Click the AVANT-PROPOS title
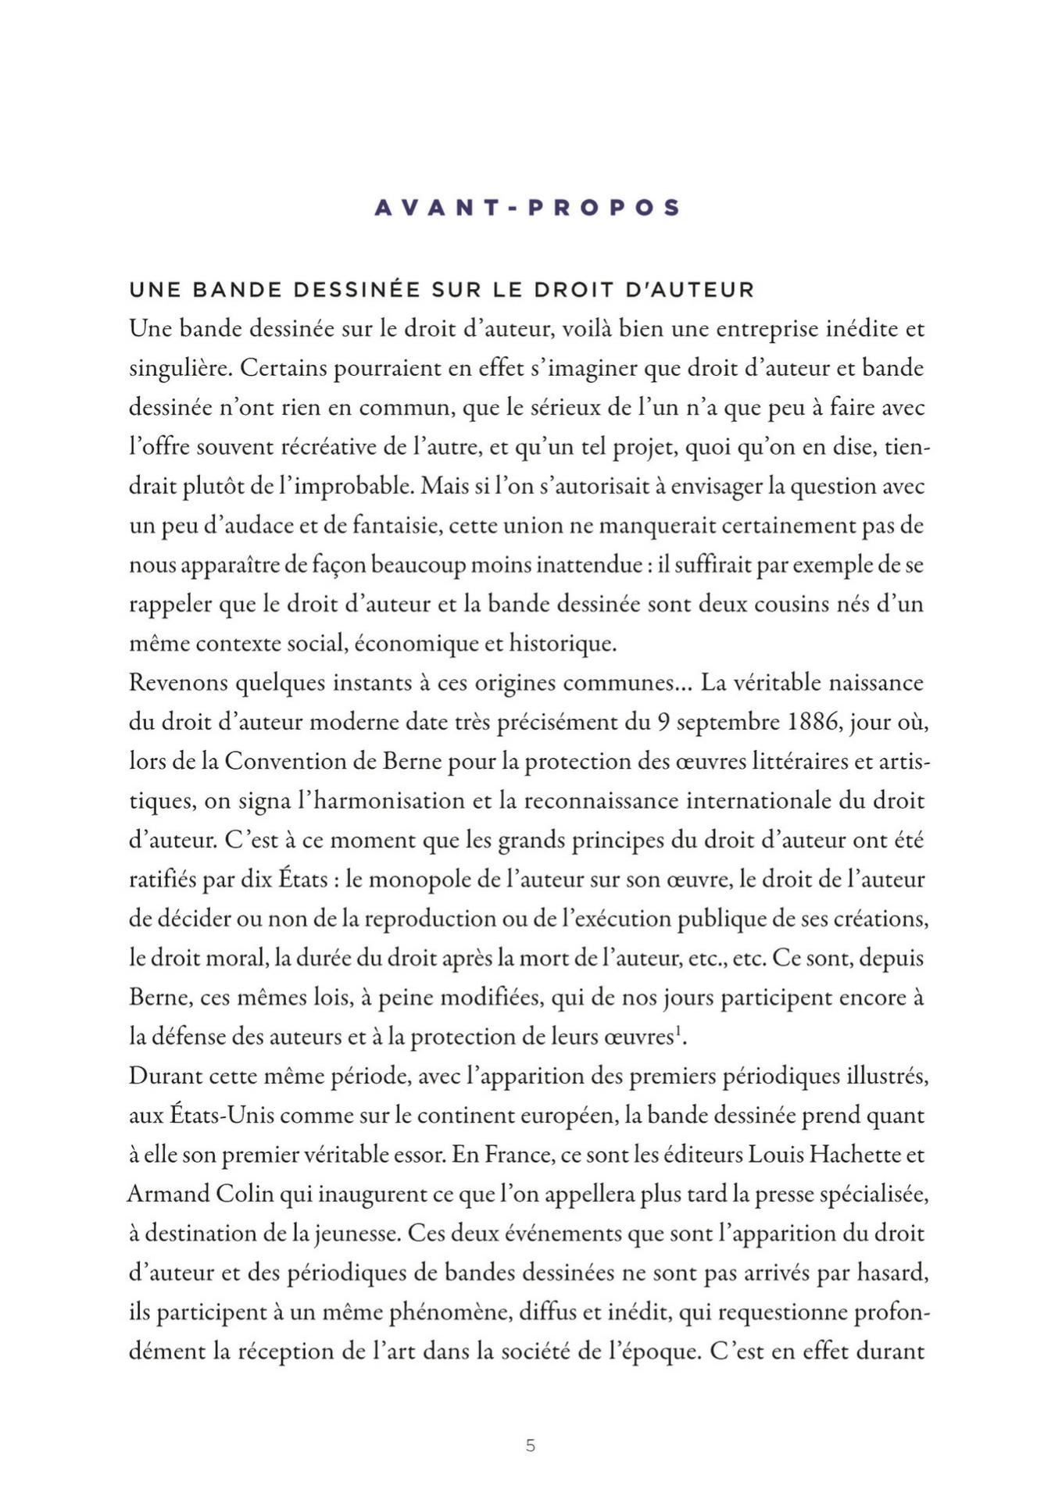[x=527, y=208]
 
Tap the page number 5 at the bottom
[x=531, y=1446]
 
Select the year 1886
[x=814, y=722]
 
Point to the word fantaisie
[x=398, y=526]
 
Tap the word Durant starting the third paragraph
[x=165, y=1077]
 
